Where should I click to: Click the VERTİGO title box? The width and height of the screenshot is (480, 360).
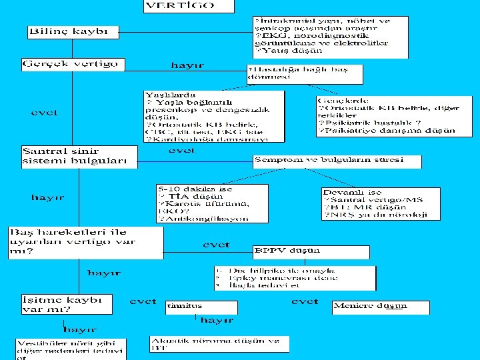point(189,6)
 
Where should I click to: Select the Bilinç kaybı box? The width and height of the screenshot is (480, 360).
point(73,32)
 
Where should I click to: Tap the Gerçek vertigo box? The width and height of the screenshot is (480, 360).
point(73,65)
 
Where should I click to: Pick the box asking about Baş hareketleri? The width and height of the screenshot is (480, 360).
point(85,242)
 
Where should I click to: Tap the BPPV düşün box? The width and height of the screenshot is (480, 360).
point(311,251)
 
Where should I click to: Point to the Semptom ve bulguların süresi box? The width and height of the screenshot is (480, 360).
point(337,161)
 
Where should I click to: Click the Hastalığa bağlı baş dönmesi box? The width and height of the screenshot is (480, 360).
point(305,73)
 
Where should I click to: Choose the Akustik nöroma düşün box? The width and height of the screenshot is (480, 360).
point(219,343)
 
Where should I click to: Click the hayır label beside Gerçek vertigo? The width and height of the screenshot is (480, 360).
point(187,65)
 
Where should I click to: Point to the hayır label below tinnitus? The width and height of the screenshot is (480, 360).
point(216,321)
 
